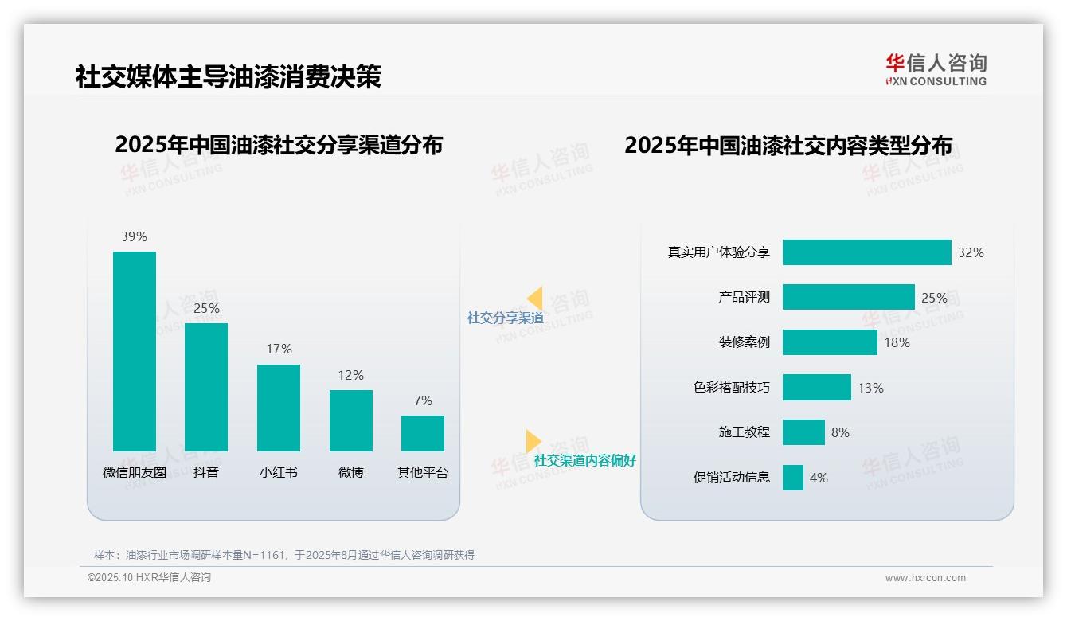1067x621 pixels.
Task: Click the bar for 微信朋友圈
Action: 135,351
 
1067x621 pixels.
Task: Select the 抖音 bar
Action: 206,387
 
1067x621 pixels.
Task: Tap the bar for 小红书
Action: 279,408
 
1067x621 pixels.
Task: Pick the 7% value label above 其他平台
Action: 423,400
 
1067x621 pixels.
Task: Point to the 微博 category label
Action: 350,472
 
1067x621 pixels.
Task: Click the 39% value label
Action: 135,236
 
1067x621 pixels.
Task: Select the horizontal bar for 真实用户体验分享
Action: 866,252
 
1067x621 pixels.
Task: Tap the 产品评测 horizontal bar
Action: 848,297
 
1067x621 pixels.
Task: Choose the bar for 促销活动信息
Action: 792,478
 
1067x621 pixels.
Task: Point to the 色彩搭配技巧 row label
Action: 732,388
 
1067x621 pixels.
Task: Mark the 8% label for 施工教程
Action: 840,432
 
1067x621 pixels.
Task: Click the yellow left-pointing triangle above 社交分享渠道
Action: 534,299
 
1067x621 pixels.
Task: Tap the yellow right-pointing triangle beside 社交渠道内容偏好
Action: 533,441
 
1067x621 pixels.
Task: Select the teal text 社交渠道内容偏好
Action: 585,460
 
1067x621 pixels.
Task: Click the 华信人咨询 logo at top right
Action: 936,69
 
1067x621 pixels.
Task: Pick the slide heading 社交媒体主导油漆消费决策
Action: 229,76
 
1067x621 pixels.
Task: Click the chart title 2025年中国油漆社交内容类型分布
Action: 788,146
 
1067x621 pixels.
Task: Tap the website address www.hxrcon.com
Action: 925,578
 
